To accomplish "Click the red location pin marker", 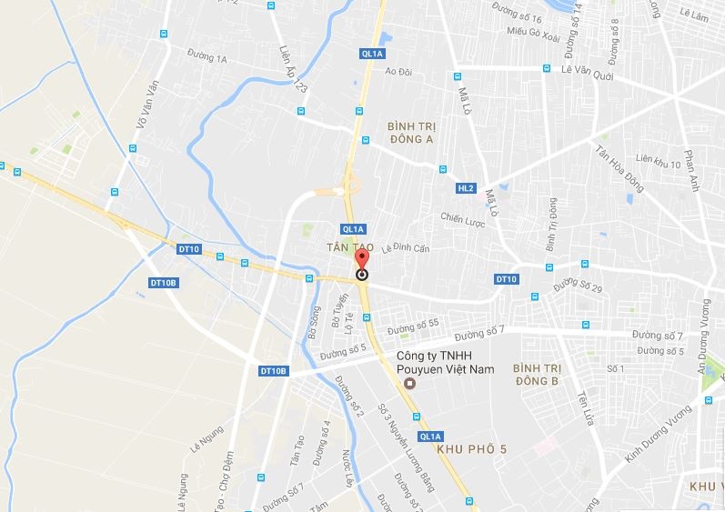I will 362,266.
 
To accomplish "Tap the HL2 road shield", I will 466,188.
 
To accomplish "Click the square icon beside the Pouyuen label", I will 409,383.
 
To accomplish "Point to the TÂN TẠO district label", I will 345,246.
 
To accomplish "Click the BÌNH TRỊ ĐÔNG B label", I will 535,374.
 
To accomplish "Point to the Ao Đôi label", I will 398,71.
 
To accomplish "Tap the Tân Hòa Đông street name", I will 620,168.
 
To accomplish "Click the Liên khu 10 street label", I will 659,162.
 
